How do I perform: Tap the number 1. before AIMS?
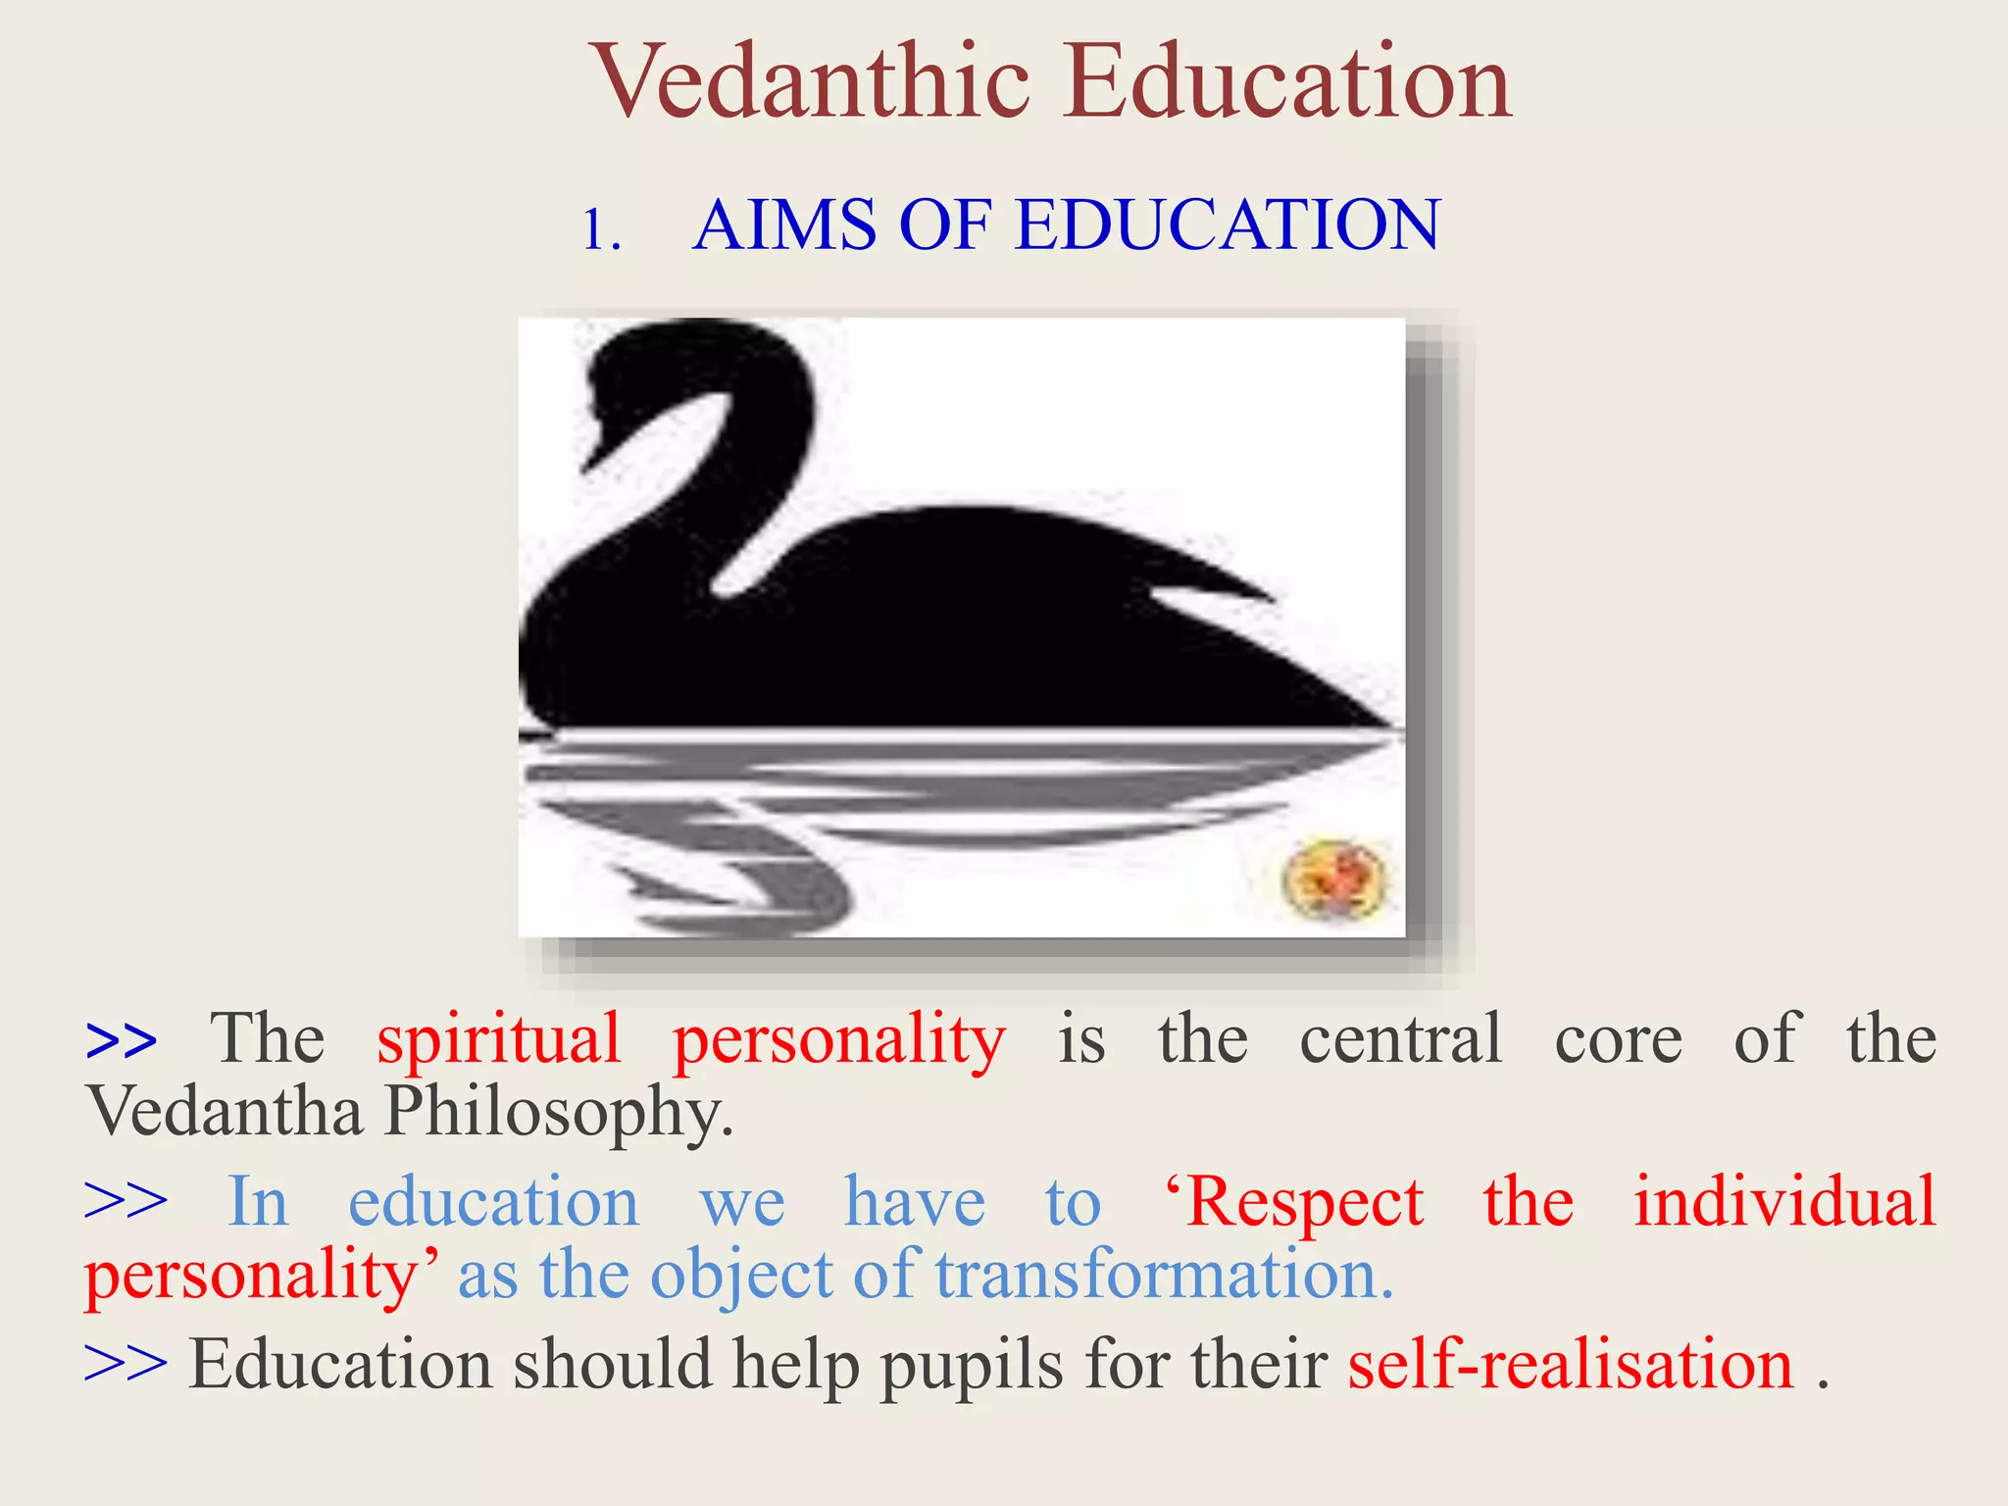click(601, 231)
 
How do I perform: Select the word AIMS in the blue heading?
click(784, 225)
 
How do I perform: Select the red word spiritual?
click(499, 1039)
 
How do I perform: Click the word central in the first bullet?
click(1400, 1039)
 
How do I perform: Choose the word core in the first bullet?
click(1618, 1039)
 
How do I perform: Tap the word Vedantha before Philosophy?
click(225, 1112)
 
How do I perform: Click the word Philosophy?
click(559, 1114)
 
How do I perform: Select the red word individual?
click(1784, 1201)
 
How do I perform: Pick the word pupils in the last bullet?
click(971, 1366)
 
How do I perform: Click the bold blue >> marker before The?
click(121, 1041)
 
